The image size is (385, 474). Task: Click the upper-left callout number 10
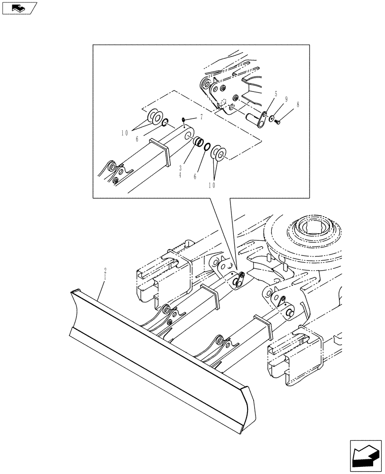(x=124, y=134)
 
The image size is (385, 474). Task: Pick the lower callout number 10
(x=211, y=185)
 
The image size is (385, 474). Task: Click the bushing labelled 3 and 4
(x=200, y=142)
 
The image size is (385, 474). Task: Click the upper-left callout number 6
(x=137, y=139)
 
